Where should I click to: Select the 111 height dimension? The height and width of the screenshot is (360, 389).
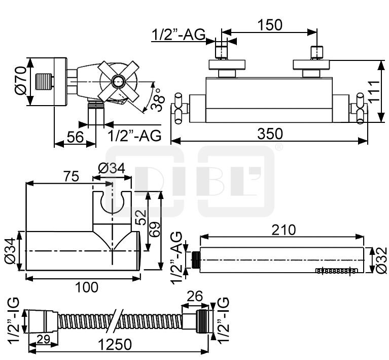coord(374,92)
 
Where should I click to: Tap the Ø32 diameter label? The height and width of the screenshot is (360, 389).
coord(381,260)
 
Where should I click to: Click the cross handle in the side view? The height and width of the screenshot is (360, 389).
coord(119,81)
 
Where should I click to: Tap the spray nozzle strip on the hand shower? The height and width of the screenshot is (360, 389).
coord(336,271)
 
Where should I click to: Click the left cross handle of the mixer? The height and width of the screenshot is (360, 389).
coord(181,108)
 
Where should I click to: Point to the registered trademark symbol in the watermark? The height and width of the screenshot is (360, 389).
coord(278,147)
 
